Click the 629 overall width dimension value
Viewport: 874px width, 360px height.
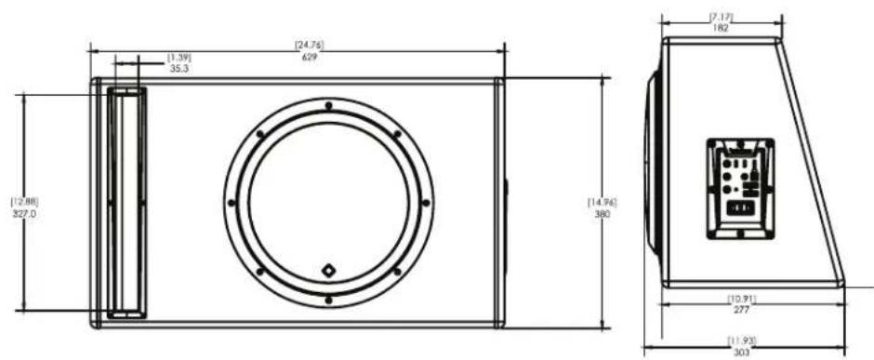pos(310,57)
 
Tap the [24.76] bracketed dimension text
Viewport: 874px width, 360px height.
pos(310,45)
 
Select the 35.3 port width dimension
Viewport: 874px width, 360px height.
pos(179,69)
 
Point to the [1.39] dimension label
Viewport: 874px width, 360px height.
pos(179,58)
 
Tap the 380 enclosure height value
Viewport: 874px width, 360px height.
pos(603,214)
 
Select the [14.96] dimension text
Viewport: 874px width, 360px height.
pos(603,202)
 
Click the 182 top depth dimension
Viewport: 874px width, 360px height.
pos(721,28)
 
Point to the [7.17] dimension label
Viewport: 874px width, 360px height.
pos(721,17)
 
